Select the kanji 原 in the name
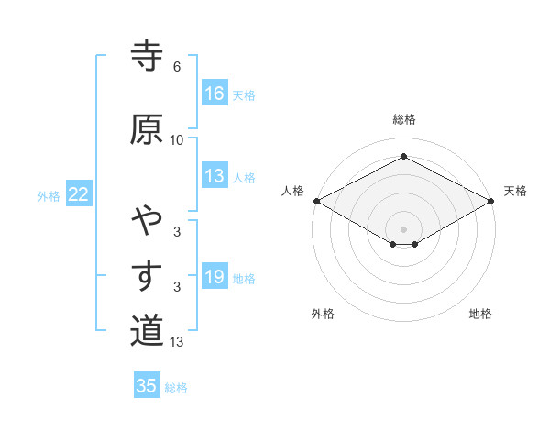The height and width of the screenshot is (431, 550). [147, 129]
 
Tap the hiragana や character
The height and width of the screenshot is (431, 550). [147, 220]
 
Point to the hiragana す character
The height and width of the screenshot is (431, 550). [147, 274]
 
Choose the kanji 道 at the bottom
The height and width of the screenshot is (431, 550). [147, 330]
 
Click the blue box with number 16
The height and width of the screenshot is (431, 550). [214, 94]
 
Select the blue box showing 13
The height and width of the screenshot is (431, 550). [214, 177]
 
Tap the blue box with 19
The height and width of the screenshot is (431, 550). [214, 277]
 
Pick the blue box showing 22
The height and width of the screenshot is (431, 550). [79, 194]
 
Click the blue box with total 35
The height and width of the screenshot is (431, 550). [147, 386]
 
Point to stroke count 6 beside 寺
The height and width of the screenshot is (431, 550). [177, 67]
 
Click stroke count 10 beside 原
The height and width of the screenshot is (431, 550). [177, 139]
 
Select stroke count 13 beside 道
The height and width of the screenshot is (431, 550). [177, 342]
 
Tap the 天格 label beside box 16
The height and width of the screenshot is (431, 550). [244, 94]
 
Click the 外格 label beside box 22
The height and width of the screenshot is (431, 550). [49, 195]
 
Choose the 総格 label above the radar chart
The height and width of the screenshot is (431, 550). [403, 120]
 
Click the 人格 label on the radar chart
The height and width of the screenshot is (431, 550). [293, 191]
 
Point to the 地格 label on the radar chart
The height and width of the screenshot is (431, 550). [480, 315]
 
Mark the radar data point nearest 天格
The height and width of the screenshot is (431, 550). [492, 201]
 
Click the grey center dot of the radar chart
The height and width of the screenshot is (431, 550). [403, 228]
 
